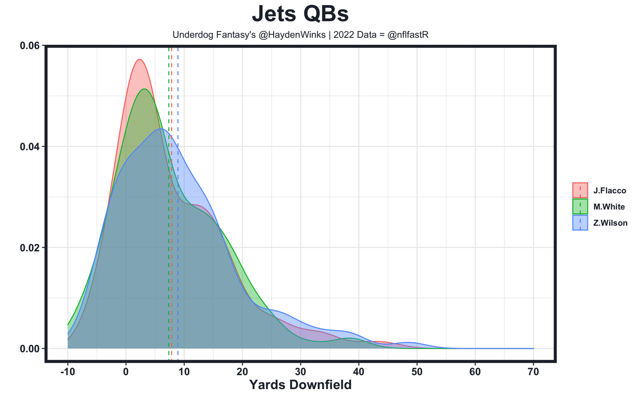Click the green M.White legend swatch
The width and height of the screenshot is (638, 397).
[580, 207]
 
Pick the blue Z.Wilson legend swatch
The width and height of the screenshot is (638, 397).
[580, 223]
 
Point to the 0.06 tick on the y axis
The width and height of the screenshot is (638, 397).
[30, 46]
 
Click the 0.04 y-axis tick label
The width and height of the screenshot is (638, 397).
[30, 146]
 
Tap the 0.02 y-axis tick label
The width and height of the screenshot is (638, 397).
[30, 248]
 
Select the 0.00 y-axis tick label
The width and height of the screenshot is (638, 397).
[30, 349]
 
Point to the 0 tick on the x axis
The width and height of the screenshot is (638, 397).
[126, 372]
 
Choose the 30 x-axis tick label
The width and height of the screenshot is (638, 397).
[301, 372]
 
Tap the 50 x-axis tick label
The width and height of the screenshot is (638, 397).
[417, 372]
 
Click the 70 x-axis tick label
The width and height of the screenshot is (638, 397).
[533, 372]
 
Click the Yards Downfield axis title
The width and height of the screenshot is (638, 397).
[300, 385]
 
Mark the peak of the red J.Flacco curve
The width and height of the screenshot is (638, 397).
[140, 59]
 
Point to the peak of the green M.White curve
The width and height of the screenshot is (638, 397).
[145, 89]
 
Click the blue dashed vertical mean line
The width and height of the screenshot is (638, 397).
[178, 199]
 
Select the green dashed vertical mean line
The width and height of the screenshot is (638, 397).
[168, 199]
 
